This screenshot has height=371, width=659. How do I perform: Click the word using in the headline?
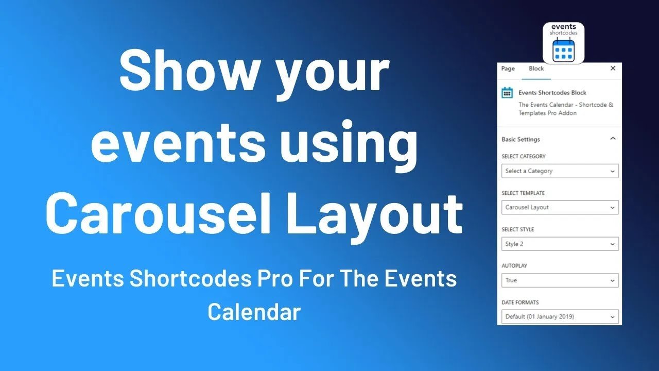349,143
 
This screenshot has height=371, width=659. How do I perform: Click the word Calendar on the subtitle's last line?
254,312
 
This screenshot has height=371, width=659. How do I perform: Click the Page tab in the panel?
508,69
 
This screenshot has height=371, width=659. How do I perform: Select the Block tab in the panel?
536,69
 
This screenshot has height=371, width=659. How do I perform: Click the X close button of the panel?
613,69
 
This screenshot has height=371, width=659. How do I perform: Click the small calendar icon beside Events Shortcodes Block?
507,93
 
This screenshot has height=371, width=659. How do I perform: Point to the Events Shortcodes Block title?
552,93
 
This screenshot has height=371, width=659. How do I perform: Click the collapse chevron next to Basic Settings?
613,139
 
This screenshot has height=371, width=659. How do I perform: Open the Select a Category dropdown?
560,171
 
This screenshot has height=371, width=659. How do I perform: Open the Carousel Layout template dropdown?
560,207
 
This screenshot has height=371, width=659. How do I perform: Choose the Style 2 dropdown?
560,244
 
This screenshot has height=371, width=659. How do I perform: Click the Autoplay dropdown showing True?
560,280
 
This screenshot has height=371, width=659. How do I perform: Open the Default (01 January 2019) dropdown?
560,316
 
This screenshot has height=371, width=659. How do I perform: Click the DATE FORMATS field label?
520,302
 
